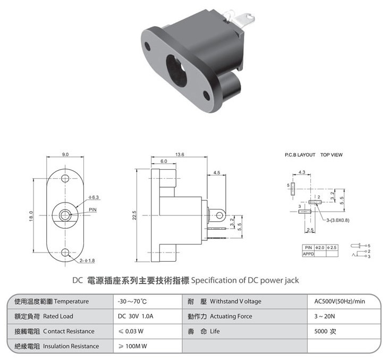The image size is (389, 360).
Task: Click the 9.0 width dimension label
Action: tap(65, 154)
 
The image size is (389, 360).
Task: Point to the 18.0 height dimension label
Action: tap(31, 216)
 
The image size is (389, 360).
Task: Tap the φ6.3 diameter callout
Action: tap(94, 197)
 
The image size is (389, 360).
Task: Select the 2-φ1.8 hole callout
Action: tap(87, 261)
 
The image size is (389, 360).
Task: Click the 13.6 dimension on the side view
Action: tap(180, 154)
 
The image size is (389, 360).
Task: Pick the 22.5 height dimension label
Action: tap(134, 215)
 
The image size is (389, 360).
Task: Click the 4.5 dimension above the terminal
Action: tap(217, 172)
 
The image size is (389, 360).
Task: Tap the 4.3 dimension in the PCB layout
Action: tap(302, 172)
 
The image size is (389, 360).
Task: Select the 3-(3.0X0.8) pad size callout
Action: tap(337, 220)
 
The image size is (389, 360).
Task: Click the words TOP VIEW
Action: tap(331, 155)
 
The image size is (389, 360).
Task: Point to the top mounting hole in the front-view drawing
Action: tap(65, 178)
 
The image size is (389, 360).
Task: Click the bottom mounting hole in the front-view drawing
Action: tap(65, 253)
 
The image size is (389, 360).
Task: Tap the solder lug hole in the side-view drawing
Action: tap(219, 215)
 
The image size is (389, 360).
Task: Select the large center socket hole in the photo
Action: tap(176, 71)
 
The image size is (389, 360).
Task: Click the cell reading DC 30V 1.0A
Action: tap(136, 316)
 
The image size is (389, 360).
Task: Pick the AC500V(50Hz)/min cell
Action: tap(340, 302)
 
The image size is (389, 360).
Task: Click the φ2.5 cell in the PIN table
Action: tap(332, 247)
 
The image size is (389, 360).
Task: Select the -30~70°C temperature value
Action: tap(132, 302)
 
